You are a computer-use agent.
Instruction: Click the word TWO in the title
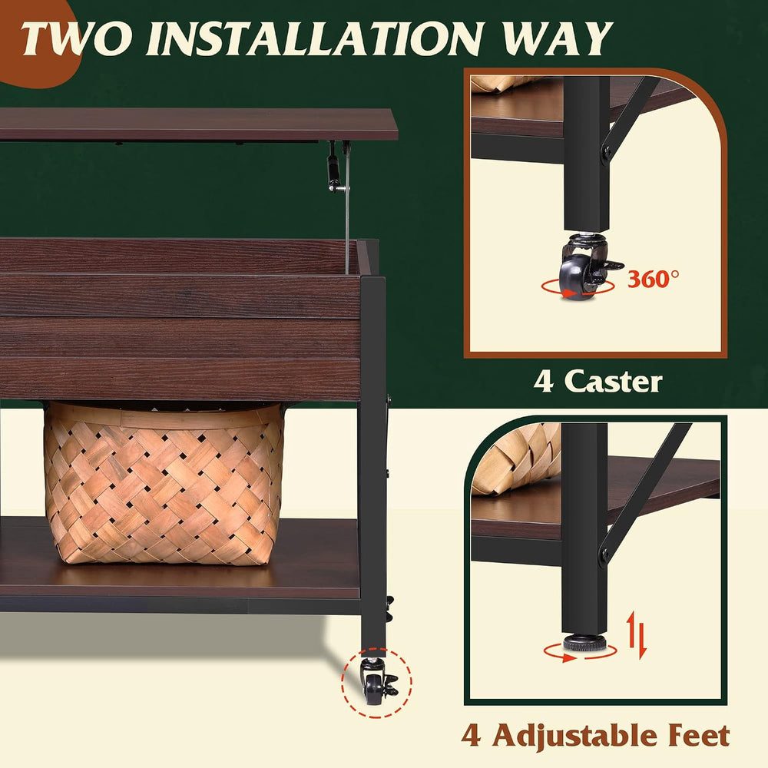pos(76,38)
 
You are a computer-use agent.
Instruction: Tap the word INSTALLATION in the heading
pos(314,38)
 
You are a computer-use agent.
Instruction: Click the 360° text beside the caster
pos(654,280)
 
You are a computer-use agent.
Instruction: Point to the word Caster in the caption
pos(613,382)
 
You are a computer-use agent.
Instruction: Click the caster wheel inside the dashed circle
pos(374,684)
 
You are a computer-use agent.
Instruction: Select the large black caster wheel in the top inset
pos(579,277)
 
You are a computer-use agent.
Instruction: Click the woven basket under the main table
pos(164,483)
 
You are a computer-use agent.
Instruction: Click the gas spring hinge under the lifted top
pos(335,167)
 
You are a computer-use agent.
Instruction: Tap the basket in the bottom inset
pos(515,458)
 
